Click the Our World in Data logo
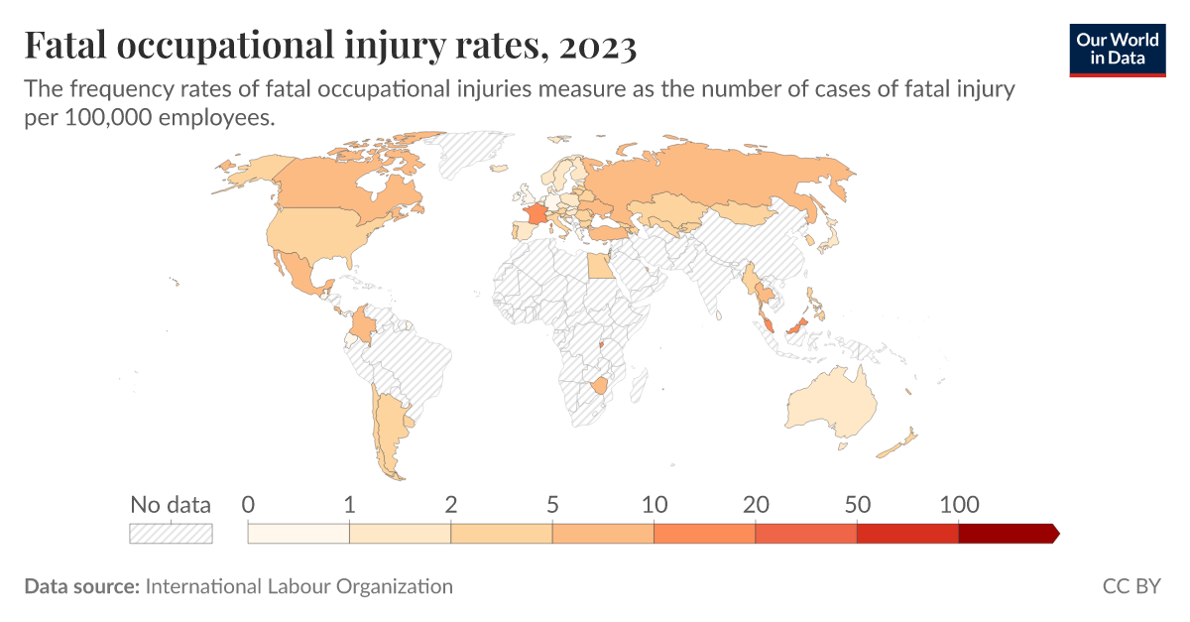tap(1118, 49)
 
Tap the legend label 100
tap(959, 504)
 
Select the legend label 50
tap(857, 504)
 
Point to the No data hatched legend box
tap(171, 534)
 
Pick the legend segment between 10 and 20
tap(704, 534)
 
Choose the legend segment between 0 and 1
tap(298, 534)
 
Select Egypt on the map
tap(600, 265)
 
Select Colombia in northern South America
tap(364, 322)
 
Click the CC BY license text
tap(1130, 586)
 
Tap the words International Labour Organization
tap(298, 586)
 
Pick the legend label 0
tap(248, 504)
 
